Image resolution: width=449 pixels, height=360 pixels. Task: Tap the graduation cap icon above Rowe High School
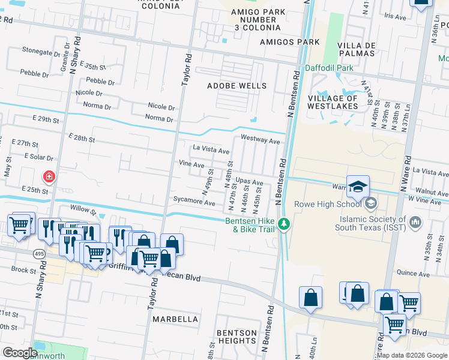tap(358, 186)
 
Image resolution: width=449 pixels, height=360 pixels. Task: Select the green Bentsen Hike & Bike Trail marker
tap(285, 225)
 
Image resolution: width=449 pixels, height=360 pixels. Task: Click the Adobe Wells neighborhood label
tap(237, 86)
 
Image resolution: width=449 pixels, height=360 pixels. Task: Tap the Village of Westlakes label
tap(333, 102)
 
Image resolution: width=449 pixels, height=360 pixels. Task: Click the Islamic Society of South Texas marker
tap(415, 224)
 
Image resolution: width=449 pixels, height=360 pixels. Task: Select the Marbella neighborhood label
tap(175, 319)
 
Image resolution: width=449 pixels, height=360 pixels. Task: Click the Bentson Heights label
tap(237, 337)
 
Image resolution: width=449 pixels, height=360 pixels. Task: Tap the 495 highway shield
tap(39, 254)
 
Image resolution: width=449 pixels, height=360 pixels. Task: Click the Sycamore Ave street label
tap(194, 203)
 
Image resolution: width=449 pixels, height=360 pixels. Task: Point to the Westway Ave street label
tap(261, 141)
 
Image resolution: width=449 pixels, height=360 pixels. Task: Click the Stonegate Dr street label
tap(41, 52)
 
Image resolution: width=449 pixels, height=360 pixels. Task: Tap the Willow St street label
tap(83, 211)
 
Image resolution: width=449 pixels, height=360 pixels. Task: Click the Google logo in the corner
tap(20, 352)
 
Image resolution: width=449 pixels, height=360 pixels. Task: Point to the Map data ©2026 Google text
tap(411, 355)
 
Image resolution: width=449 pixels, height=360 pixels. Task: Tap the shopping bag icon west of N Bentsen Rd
tap(310, 297)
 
